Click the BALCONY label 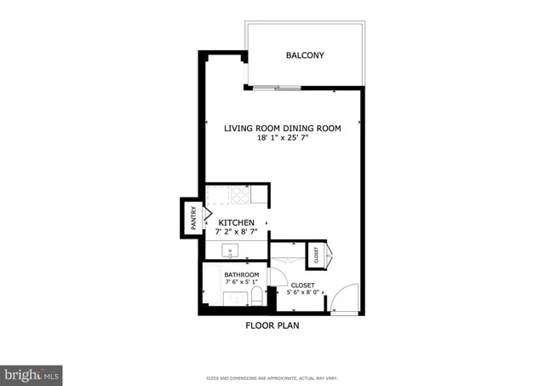[305, 56]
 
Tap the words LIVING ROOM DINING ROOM [282, 129]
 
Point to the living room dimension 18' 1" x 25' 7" [282, 138]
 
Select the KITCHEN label [236, 222]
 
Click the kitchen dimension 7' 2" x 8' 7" [236, 233]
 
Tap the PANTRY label [193, 218]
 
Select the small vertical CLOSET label [315, 254]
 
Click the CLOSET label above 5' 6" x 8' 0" [302, 285]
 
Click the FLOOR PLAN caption [272, 326]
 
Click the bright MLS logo [32, 374]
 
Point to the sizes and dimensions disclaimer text [272, 378]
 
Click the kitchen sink [230, 251]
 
